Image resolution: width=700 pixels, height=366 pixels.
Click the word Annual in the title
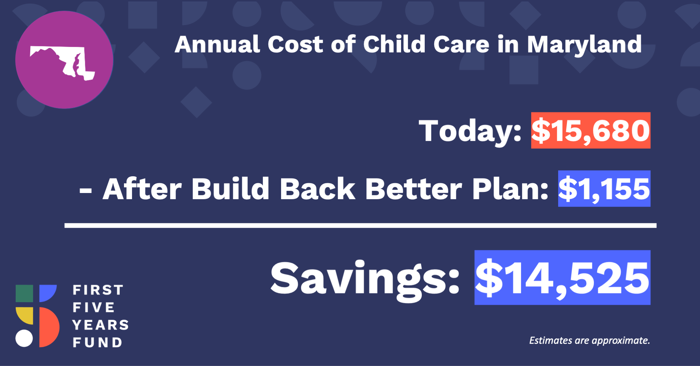(x=217, y=44)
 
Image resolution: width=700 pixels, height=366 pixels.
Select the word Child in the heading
(x=394, y=44)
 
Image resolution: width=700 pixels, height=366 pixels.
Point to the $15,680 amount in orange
(x=591, y=130)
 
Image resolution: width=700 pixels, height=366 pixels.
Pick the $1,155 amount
(x=604, y=189)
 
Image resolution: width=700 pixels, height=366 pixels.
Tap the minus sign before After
(x=86, y=190)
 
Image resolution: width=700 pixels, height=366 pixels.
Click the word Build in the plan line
(x=230, y=189)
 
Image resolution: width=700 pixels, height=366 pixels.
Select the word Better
(x=414, y=189)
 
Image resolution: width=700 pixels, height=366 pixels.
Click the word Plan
(x=510, y=189)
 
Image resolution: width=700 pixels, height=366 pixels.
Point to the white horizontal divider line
(x=360, y=226)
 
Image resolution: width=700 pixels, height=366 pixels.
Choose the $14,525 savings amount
(x=562, y=278)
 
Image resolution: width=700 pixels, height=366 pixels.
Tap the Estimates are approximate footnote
(x=590, y=341)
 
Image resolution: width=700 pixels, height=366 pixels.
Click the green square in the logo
(x=24, y=294)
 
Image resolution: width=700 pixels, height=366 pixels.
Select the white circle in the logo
(x=24, y=338)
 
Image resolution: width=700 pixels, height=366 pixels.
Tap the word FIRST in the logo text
(x=98, y=290)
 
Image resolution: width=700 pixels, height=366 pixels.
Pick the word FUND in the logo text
(x=97, y=342)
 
